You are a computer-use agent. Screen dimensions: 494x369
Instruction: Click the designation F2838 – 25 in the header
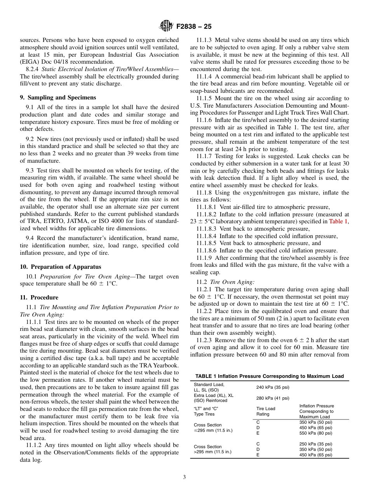[x=194, y=27]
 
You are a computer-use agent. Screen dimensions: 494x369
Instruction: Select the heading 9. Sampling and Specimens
[x=58, y=97]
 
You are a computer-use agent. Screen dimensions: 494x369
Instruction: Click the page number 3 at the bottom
[x=184, y=477]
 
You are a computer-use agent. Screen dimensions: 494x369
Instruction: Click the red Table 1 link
[x=338, y=221]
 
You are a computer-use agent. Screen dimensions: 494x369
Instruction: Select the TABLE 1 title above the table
[x=269, y=376]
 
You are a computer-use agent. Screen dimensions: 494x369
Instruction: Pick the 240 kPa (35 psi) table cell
[x=273, y=387]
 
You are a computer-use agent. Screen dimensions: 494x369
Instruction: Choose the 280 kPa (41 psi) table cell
[x=273, y=398]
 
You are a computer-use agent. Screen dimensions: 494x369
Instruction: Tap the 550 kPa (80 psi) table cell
[x=315, y=433]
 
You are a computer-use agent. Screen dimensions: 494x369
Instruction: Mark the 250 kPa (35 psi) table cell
[x=315, y=444]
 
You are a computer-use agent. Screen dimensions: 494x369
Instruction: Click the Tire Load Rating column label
[x=266, y=411]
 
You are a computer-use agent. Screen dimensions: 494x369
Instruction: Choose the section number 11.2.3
[x=204, y=341]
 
